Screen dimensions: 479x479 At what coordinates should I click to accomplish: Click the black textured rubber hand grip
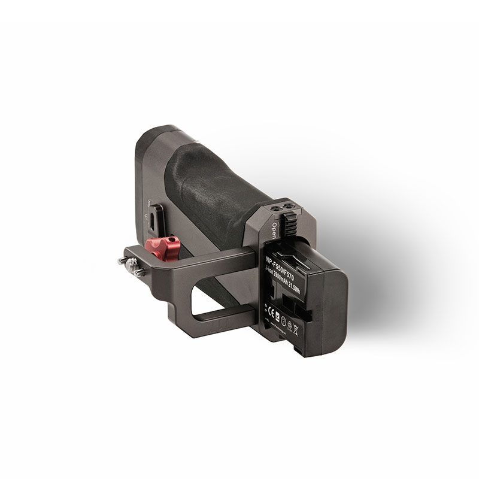point(222,180)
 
